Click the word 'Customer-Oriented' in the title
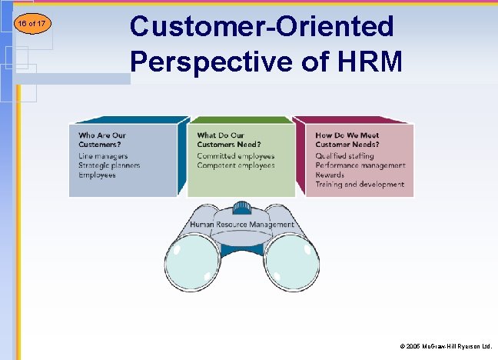(x=261, y=27)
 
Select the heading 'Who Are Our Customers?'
(x=104, y=139)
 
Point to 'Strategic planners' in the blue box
(x=108, y=165)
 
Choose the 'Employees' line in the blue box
(x=97, y=175)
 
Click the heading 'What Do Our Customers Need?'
(x=228, y=139)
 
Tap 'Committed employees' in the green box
(x=235, y=156)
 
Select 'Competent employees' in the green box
(x=235, y=165)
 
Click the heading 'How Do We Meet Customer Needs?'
(x=347, y=139)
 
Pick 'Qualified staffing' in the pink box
(x=344, y=156)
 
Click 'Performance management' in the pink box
(x=360, y=165)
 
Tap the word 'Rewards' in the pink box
(x=330, y=175)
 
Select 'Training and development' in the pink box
(x=359, y=185)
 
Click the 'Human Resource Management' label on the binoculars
(x=242, y=225)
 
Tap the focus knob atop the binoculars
(x=242, y=207)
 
